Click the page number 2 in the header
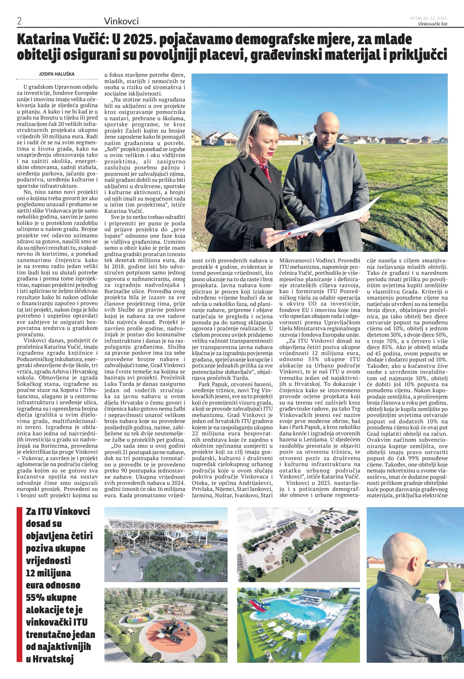[19, 21]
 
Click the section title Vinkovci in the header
[121, 21]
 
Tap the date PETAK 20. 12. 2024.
[429, 18]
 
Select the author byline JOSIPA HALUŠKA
[57, 74]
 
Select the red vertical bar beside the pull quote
[19, 584]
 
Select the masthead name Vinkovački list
[433, 24]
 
